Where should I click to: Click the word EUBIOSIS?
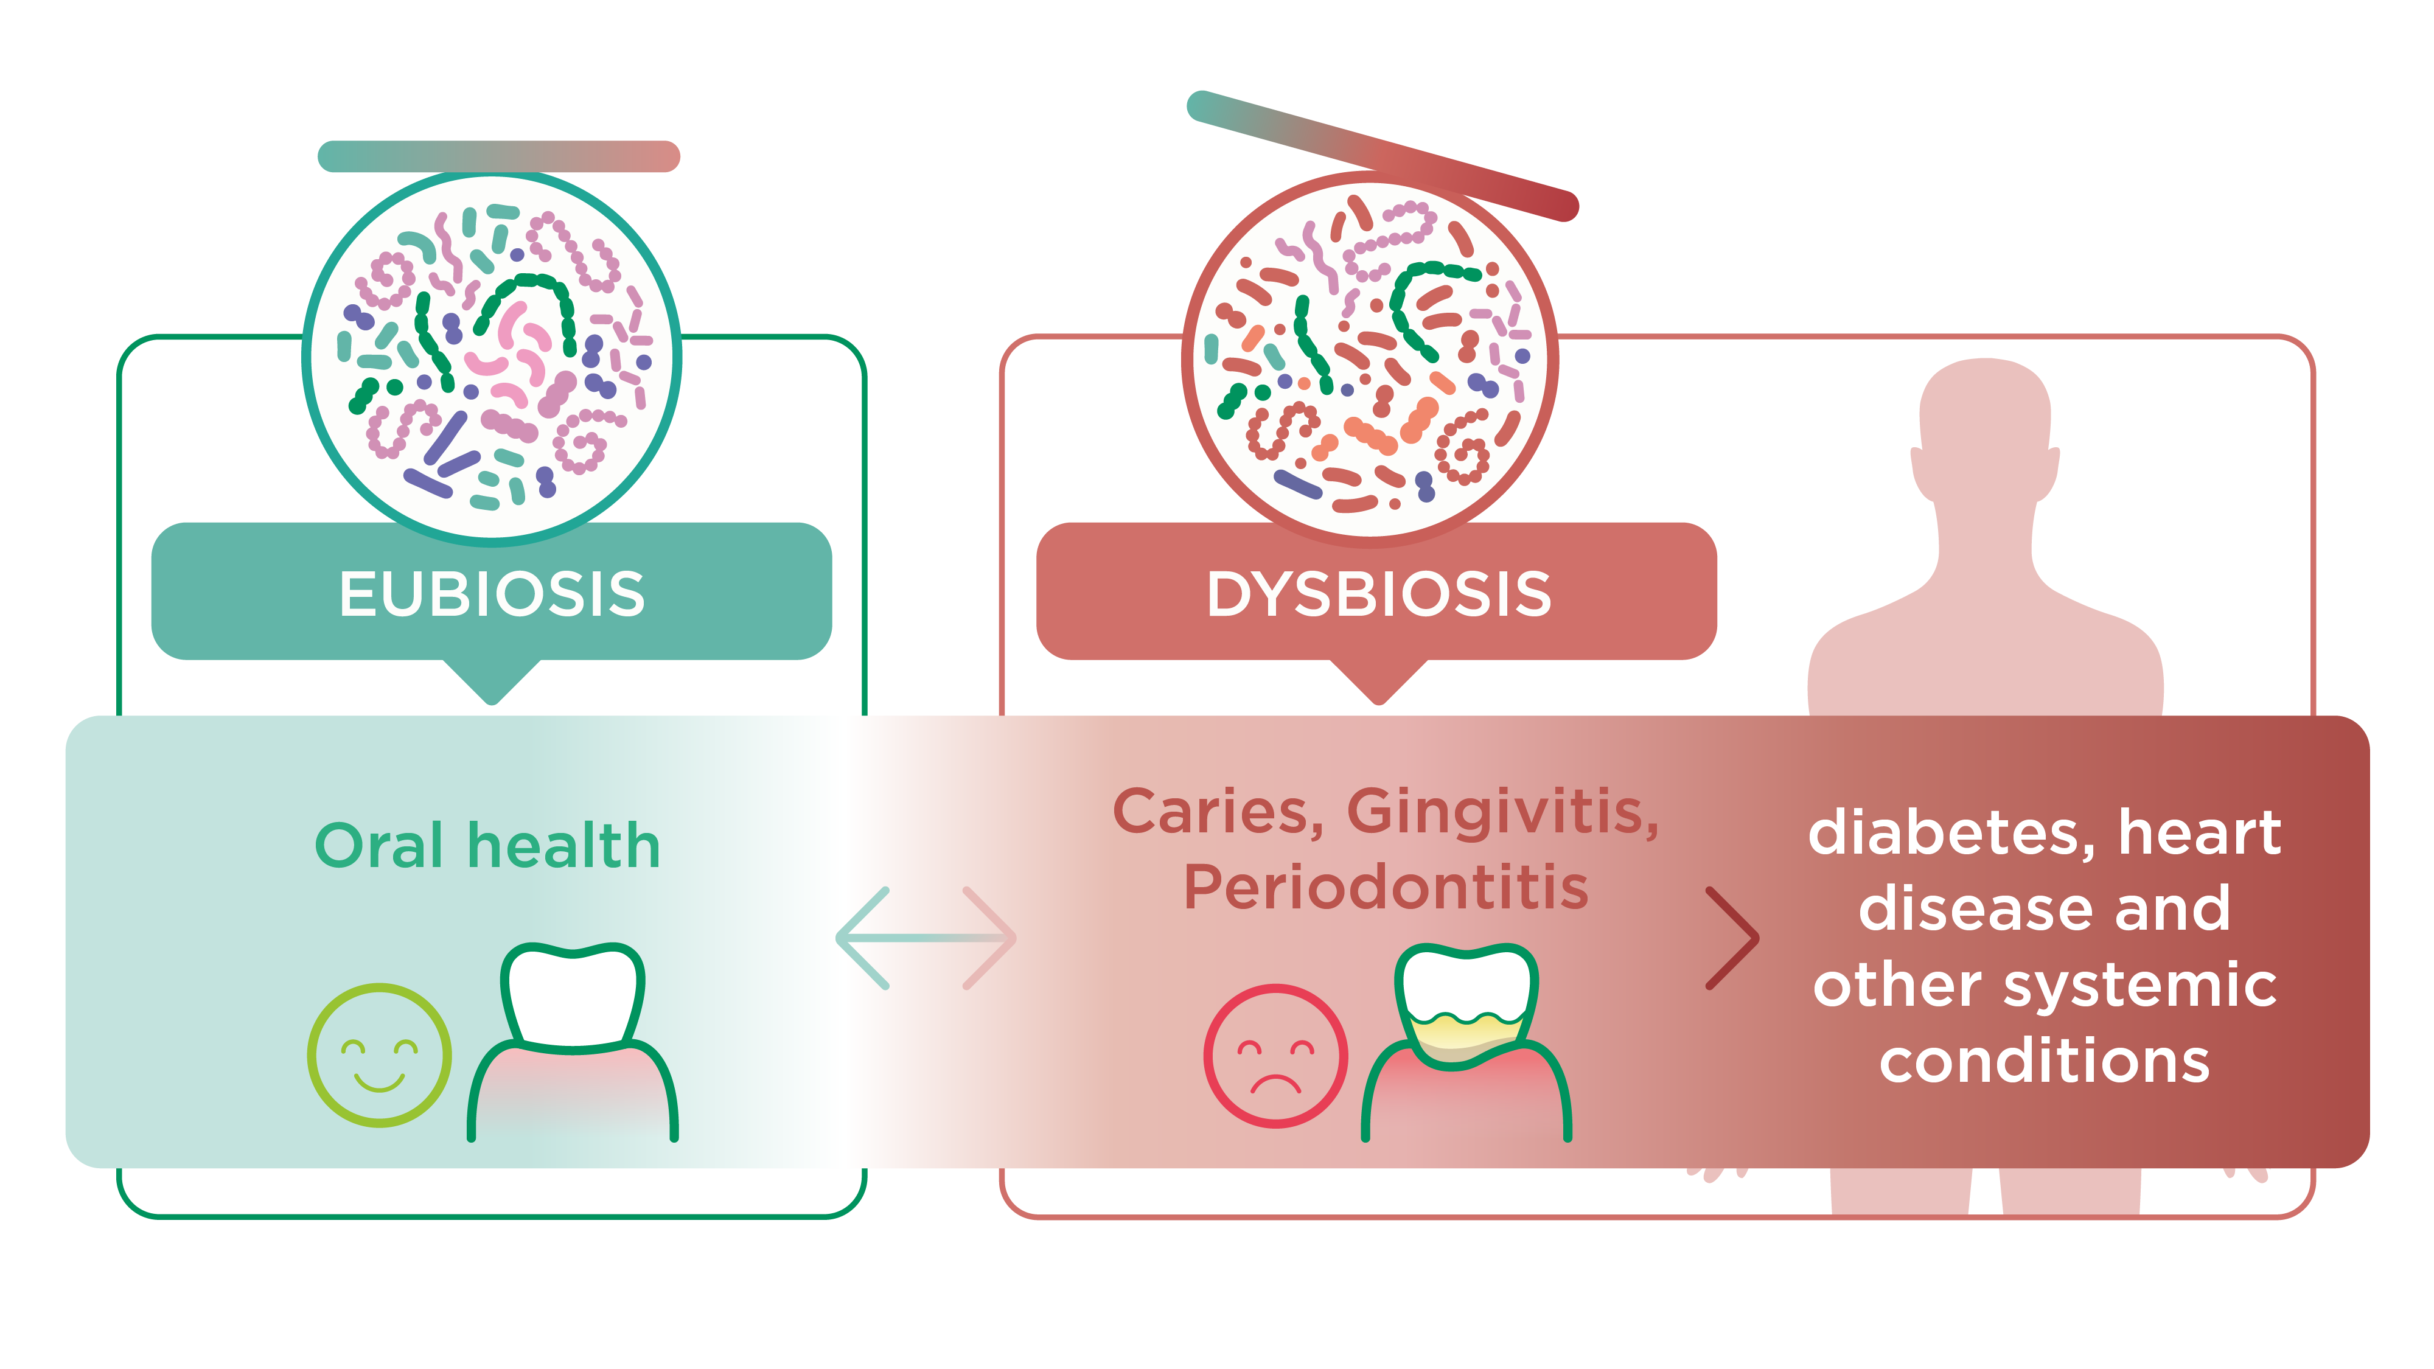click(x=491, y=594)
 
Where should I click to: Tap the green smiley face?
click(x=379, y=1054)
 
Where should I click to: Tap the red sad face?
click(x=1275, y=1055)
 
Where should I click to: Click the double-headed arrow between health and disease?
click(x=926, y=938)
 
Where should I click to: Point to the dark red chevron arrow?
click(x=1731, y=938)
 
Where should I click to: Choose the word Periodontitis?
click(x=1385, y=888)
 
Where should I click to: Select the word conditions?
click(x=2044, y=1061)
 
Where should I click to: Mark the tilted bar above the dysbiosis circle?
click(x=1381, y=156)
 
